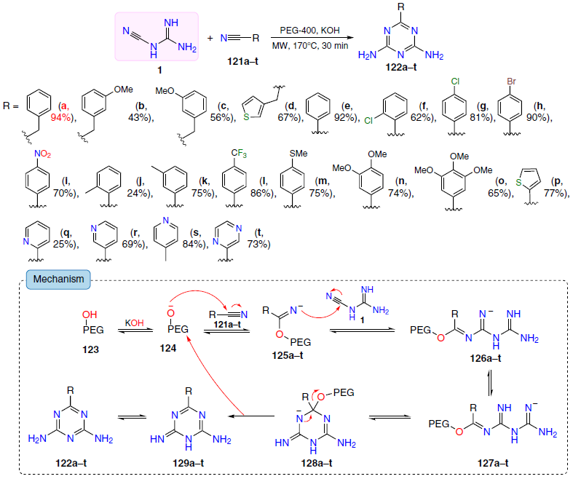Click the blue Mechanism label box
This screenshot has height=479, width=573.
[x=58, y=279]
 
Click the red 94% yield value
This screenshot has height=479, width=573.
[x=60, y=118]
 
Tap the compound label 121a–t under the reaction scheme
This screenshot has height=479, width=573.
[x=242, y=61]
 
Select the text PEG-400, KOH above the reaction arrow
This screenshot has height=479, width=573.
[x=310, y=31]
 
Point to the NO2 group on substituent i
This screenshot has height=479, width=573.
[x=42, y=154]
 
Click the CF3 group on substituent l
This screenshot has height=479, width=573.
[x=239, y=153]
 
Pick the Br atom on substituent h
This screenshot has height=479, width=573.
[x=511, y=81]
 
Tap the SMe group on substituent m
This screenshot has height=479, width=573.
[x=299, y=154]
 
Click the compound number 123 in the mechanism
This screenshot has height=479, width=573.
[x=90, y=349]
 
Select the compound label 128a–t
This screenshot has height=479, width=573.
[x=317, y=463]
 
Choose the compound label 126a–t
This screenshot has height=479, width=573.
[x=486, y=358]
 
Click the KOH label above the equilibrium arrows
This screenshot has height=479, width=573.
[x=135, y=323]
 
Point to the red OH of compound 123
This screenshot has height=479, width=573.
[x=90, y=314]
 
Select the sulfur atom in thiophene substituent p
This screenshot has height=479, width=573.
[x=518, y=181]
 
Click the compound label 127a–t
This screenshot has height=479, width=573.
[x=493, y=463]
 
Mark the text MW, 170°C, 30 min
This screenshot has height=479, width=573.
[x=310, y=46]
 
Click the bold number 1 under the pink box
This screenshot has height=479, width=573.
[x=159, y=70]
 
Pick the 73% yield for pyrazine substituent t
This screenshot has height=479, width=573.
[x=258, y=244]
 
